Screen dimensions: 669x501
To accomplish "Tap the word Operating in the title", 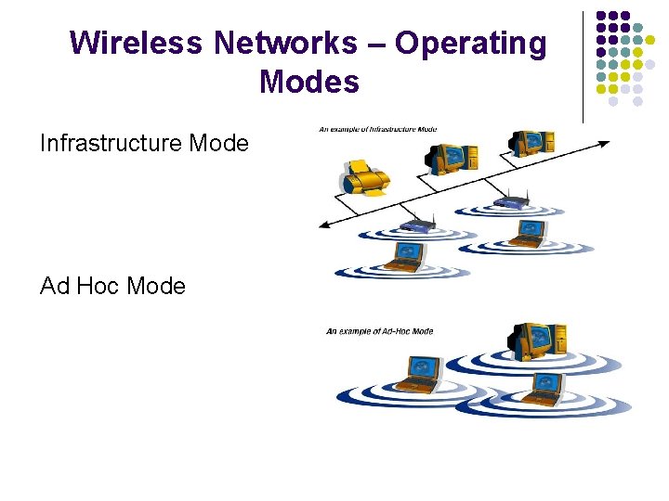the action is [471, 43].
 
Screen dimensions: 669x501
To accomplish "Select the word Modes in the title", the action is [309, 82].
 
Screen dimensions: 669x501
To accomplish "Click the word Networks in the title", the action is [284, 43].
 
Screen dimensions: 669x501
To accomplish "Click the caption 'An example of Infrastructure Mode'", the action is [377, 129].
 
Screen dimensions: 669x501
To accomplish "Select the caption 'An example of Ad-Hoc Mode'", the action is [379, 331].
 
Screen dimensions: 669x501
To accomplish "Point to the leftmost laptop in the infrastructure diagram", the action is [406, 255].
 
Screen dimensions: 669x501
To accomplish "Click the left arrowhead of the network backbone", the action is [321, 225].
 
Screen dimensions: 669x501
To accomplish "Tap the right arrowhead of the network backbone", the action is [607, 144].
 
